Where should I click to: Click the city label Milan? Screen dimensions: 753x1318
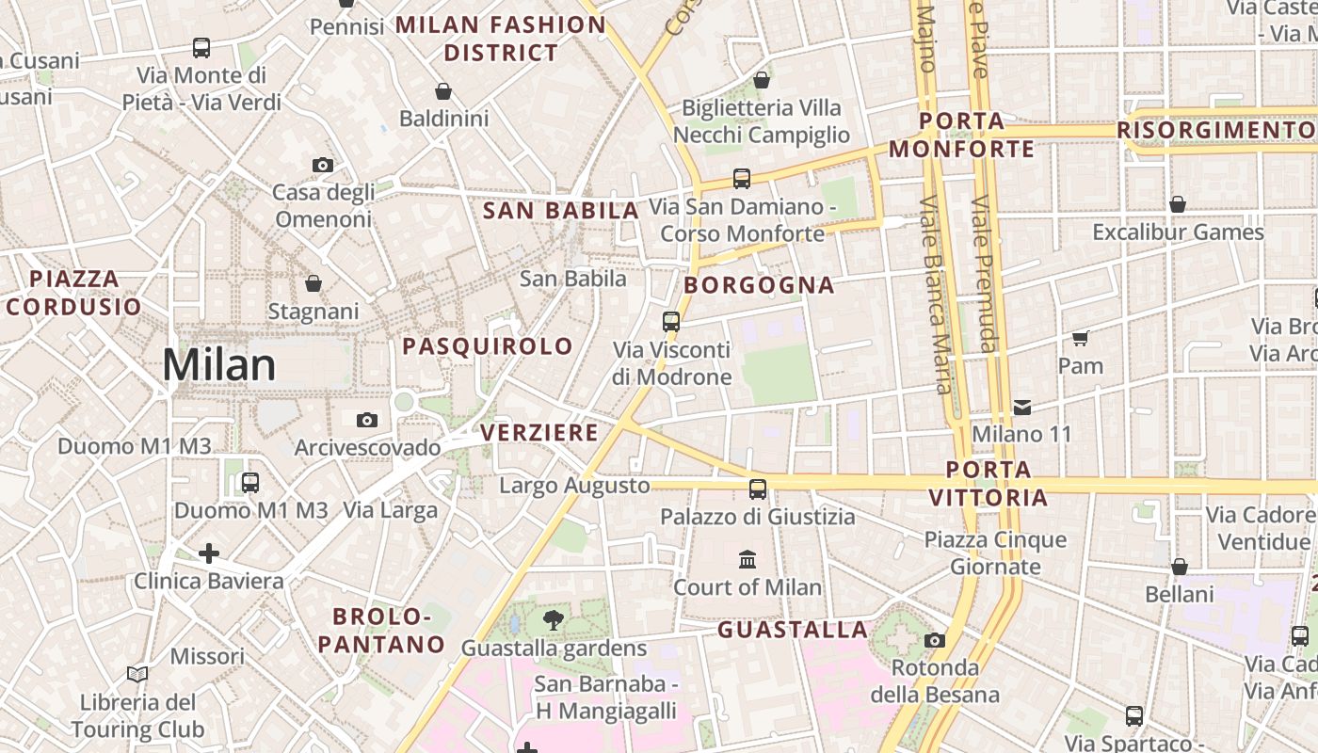(x=219, y=365)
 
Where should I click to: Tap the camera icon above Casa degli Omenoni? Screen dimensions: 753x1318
(x=323, y=166)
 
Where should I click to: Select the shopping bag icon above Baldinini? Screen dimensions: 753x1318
(x=443, y=91)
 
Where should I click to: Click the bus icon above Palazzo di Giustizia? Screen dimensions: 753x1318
(x=758, y=489)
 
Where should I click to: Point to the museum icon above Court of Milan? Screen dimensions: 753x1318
(x=747, y=560)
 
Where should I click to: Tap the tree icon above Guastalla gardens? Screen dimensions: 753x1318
(x=554, y=620)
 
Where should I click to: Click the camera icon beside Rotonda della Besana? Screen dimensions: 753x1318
(x=935, y=641)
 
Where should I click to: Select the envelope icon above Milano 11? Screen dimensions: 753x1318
(x=1022, y=408)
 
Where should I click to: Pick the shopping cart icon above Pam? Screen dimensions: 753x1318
(x=1080, y=338)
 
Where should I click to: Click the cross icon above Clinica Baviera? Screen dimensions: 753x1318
(x=209, y=553)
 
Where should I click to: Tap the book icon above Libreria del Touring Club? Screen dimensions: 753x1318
(x=137, y=674)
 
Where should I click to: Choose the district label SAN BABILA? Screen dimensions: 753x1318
(x=561, y=211)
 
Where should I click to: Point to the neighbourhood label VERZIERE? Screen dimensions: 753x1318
(x=539, y=432)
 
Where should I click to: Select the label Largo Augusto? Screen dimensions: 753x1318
(x=574, y=486)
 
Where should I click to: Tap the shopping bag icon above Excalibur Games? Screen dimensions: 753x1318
(x=1178, y=204)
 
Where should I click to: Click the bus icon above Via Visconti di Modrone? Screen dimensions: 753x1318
(x=671, y=322)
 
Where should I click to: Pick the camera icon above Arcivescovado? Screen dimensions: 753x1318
(x=367, y=420)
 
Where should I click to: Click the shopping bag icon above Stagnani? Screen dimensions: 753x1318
(x=313, y=283)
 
